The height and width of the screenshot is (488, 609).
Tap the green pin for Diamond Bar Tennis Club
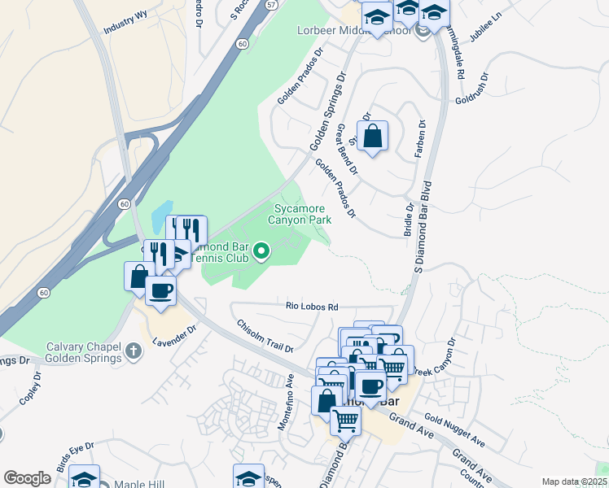261,252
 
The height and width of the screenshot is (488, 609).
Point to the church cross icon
134,351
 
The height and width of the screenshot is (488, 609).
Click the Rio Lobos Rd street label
312,307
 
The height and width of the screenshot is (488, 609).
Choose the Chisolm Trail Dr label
265,335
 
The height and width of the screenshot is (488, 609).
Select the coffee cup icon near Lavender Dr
160,291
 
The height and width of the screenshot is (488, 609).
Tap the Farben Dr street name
422,138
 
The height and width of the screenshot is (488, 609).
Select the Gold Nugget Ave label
454,432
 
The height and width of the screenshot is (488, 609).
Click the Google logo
27,478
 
